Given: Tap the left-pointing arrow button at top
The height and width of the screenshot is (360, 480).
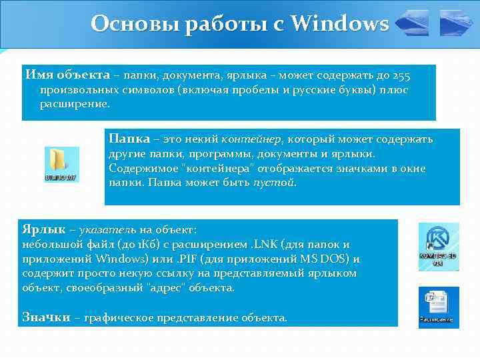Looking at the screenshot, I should pos(413,24).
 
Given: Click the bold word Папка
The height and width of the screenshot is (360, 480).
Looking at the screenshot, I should pos(129,139).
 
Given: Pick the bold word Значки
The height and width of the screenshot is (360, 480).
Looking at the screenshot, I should pos(46,317).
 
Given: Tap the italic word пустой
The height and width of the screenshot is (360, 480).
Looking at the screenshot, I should pos(274,183).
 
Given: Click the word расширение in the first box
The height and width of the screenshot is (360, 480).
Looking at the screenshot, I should pos(73,105).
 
